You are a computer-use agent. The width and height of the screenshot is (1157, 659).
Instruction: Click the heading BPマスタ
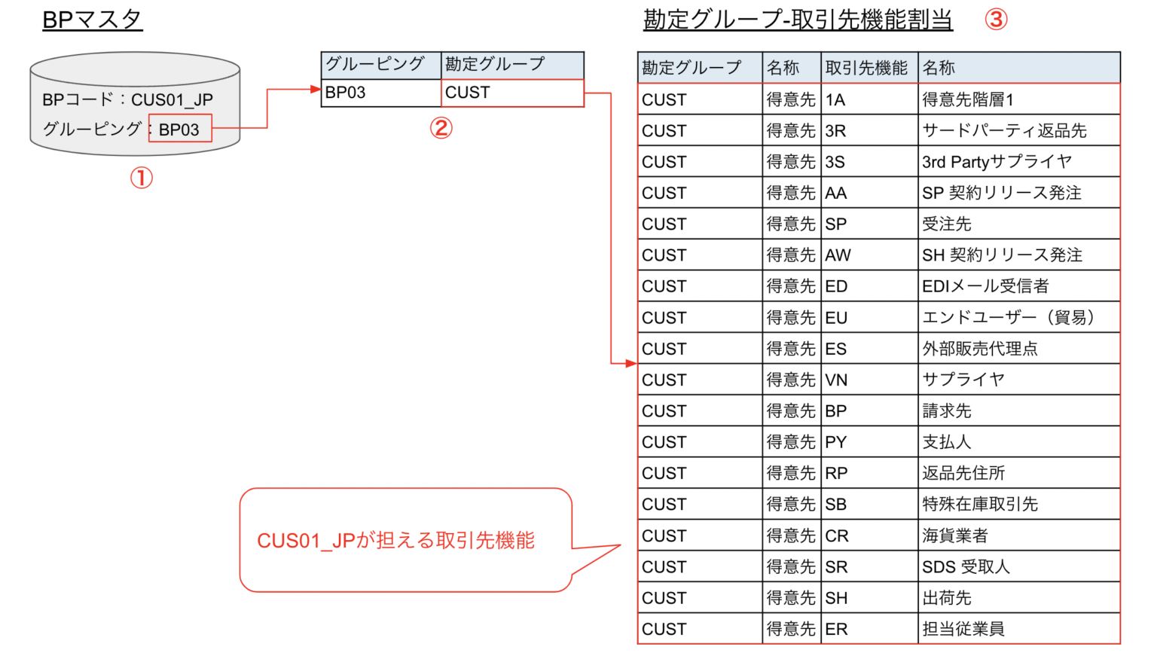pyautogui.click(x=92, y=20)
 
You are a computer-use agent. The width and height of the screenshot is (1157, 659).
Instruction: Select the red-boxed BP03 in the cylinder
pyautogui.click(x=179, y=129)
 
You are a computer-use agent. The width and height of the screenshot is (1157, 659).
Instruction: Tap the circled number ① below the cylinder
pyautogui.click(x=141, y=178)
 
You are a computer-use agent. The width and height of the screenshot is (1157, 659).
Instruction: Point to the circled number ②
pyautogui.click(x=441, y=128)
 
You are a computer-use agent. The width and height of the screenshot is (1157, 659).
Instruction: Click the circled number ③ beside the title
pyautogui.click(x=996, y=19)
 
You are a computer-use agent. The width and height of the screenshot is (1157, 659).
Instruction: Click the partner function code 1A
pyautogui.click(x=835, y=99)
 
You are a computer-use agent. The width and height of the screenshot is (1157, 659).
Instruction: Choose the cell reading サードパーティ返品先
pyautogui.click(x=1004, y=130)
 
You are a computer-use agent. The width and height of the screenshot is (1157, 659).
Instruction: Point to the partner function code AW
pyautogui.click(x=838, y=255)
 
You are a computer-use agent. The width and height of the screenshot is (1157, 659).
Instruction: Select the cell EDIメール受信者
pyautogui.click(x=985, y=286)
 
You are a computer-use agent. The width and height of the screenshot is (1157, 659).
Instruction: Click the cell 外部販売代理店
pyautogui.click(x=980, y=349)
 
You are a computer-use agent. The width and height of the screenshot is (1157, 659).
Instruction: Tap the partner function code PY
pyautogui.click(x=836, y=442)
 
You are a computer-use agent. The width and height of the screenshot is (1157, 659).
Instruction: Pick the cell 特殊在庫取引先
pyautogui.click(x=980, y=504)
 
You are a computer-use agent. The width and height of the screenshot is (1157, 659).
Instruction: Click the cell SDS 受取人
pyautogui.click(x=966, y=566)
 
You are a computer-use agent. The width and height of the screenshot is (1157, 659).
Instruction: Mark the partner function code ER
pyautogui.click(x=836, y=629)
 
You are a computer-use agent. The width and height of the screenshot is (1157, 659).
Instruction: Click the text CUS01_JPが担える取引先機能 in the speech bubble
pyautogui.click(x=395, y=541)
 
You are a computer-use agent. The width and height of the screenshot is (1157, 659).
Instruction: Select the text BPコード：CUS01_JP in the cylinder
pyautogui.click(x=127, y=99)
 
